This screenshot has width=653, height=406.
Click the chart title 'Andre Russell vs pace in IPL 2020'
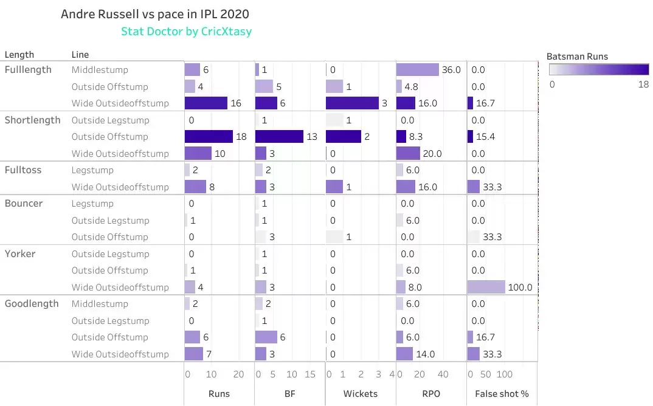click(155, 14)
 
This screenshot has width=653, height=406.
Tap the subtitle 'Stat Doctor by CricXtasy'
click(186, 31)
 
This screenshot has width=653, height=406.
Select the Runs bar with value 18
click(209, 137)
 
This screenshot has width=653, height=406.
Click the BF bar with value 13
click(279, 137)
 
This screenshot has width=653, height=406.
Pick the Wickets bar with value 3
click(353, 103)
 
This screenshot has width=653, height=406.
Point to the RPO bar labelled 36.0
click(418, 70)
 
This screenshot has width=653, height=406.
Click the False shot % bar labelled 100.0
click(486, 287)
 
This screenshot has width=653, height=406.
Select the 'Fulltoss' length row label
click(23, 170)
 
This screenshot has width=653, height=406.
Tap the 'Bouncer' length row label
click(24, 204)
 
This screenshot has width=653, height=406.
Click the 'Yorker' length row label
click(20, 253)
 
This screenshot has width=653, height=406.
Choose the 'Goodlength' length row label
click(32, 304)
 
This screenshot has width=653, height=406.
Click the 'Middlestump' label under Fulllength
click(100, 70)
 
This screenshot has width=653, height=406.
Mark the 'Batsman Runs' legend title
click(577, 57)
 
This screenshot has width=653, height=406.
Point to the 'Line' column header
click(80, 55)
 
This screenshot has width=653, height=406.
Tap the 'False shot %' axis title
click(502, 394)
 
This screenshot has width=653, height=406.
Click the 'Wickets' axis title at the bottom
click(360, 394)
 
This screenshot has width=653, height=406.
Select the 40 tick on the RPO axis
click(443, 374)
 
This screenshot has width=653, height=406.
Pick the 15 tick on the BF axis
click(310, 374)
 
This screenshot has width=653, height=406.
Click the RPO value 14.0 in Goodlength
click(426, 354)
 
